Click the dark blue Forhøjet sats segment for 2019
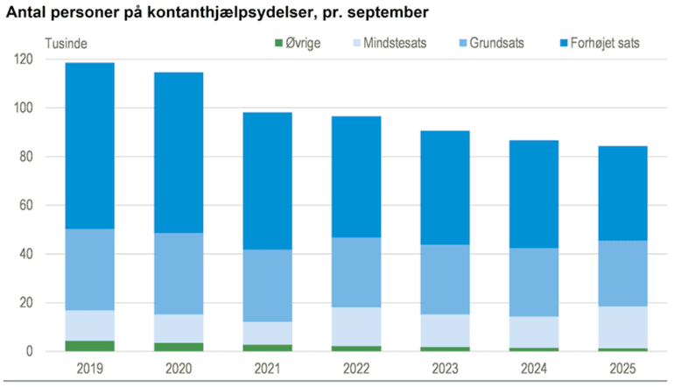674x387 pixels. pos(89,145)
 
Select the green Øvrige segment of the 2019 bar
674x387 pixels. pos(89,346)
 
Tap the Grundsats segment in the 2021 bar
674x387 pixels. pos(268,285)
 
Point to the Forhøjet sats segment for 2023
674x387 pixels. pos(445,187)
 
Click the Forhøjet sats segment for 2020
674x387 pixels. pos(179,152)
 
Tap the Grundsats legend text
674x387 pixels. pos(496,43)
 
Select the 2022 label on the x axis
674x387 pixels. pos(355,369)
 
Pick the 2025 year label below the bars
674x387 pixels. pos(622,369)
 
